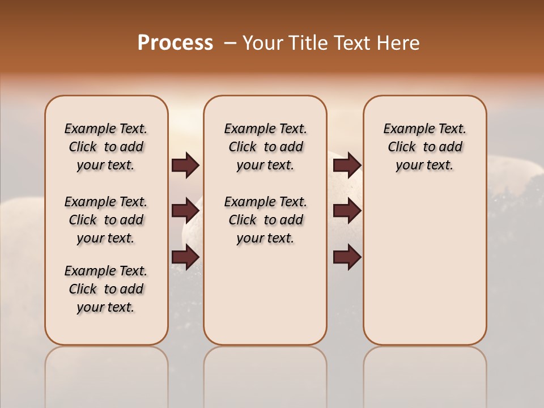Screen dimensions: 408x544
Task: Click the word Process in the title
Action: (175, 43)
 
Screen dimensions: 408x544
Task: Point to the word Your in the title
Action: (262, 43)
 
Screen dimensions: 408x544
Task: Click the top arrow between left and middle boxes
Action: (185, 165)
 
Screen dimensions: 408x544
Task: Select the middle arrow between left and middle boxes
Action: (185, 211)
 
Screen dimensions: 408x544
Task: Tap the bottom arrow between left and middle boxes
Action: (185, 257)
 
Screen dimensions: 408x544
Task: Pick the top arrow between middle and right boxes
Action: (347, 165)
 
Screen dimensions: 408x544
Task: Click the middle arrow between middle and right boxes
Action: (347, 211)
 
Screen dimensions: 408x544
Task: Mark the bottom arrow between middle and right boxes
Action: (347, 257)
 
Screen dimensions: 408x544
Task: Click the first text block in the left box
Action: (106, 147)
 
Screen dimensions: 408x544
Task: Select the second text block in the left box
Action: (106, 220)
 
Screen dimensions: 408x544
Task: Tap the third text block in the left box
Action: (106, 289)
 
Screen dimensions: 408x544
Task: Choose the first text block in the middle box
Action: (265, 147)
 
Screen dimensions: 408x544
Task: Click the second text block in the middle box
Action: (265, 220)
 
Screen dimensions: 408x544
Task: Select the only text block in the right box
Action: (424, 147)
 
